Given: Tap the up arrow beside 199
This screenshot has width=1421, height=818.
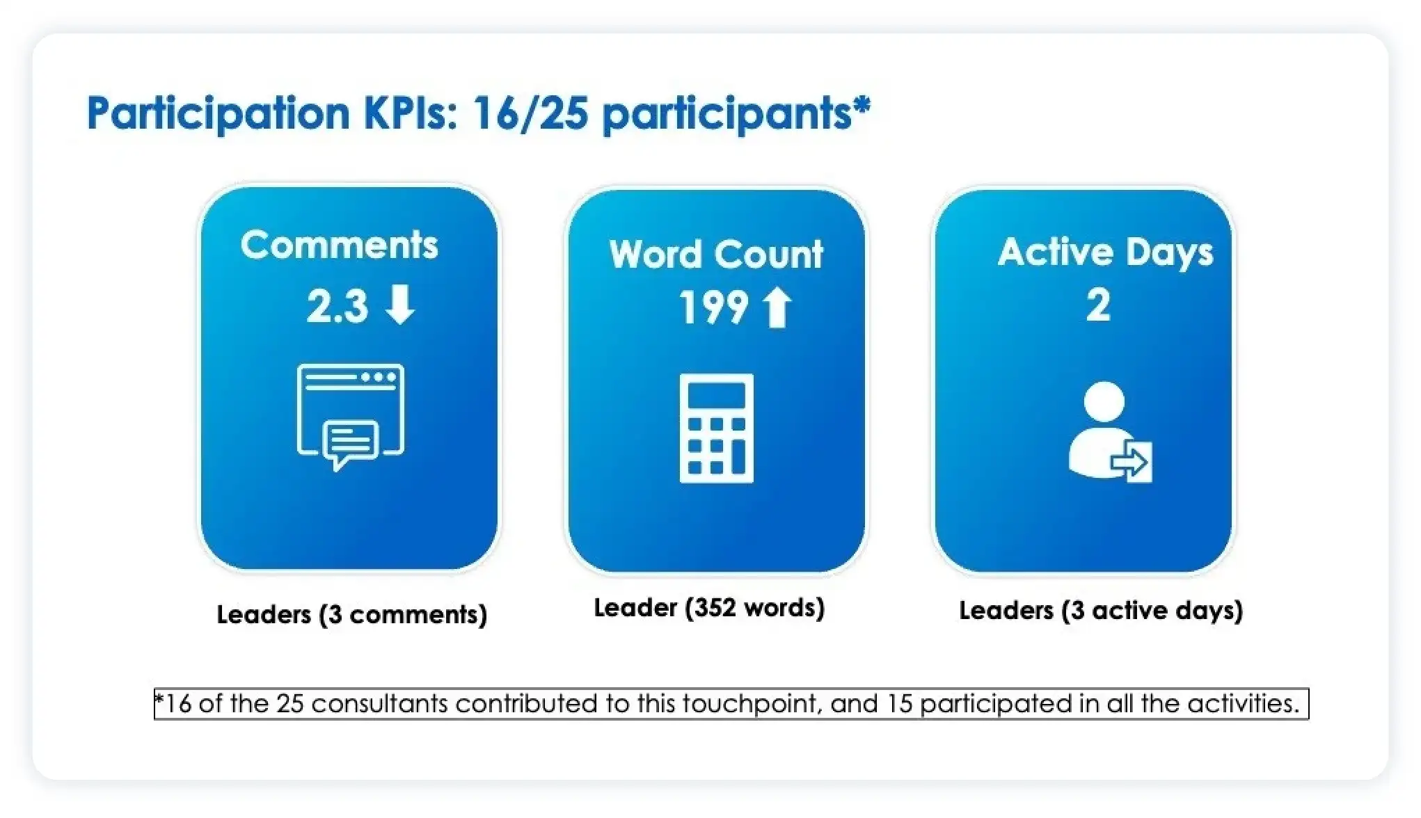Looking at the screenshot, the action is pyautogui.click(x=777, y=307).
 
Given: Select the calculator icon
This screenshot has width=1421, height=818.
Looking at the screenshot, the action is pyautogui.click(x=716, y=428).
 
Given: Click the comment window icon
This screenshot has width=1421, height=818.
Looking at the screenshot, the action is pyautogui.click(x=351, y=417).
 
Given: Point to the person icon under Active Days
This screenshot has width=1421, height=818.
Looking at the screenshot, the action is pyautogui.click(x=1109, y=431).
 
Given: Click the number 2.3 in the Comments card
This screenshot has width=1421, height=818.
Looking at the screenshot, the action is pyautogui.click(x=337, y=306).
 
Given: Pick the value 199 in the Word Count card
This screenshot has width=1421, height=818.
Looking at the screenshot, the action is pyautogui.click(x=713, y=307).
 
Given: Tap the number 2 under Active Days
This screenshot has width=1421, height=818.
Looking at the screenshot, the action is pyautogui.click(x=1098, y=305).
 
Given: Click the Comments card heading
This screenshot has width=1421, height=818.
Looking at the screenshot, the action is pyautogui.click(x=340, y=245).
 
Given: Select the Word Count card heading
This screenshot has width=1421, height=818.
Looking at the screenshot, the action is pyautogui.click(x=716, y=254).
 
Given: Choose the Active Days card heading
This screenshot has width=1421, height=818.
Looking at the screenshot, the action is pyautogui.click(x=1106, y=252).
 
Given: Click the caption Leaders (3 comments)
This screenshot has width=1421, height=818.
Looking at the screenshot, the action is pyautogui.click(x=352, y=614).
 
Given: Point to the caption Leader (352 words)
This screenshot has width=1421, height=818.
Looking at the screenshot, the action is pyautogui.click(x=709, y=608).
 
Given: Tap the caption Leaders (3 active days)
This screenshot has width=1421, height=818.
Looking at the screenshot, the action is pyautogui.click(x=1101, y=611).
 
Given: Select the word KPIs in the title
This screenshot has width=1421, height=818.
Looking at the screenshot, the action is pyautogui.click(x=410, y=113).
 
